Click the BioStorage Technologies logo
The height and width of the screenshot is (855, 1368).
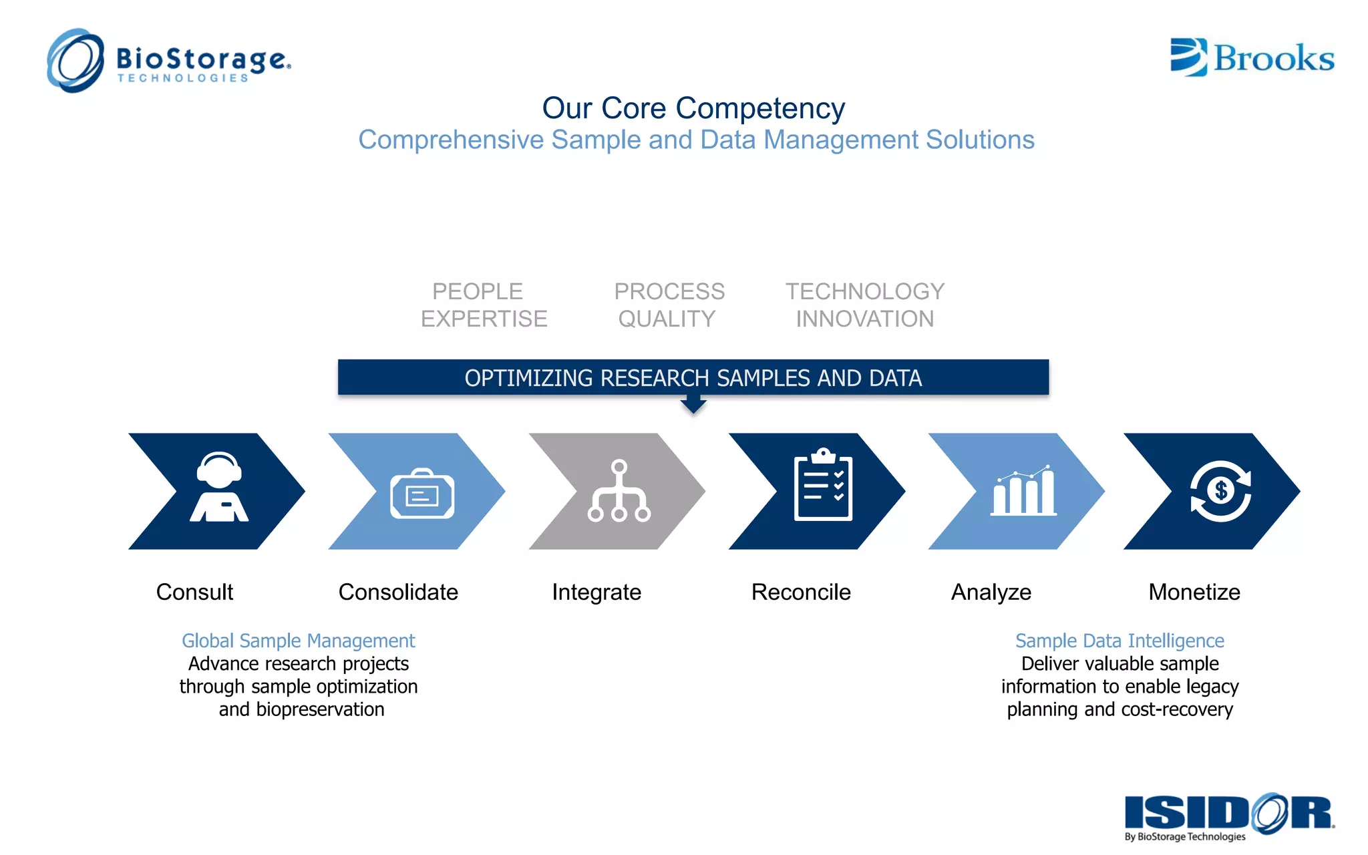coord(168,61)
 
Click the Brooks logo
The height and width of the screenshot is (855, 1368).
coord(1252,57)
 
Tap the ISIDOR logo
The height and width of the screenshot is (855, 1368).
coord(1229,815)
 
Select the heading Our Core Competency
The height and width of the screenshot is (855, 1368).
coord(693,108)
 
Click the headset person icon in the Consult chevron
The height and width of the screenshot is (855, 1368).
coord(219,487)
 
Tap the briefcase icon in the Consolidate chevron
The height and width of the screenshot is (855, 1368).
coord(422,494)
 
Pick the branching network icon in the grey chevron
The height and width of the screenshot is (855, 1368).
coord(619,491)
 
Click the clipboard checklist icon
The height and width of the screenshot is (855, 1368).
coord(823,485)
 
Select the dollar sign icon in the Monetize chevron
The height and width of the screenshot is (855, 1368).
coord(1220,491)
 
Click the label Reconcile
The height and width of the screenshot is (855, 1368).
coord(801,592)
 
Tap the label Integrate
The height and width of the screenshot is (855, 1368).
coord(596,592)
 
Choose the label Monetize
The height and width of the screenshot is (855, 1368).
coord(1194,592)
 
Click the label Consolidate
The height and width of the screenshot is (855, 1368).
coord(398,592)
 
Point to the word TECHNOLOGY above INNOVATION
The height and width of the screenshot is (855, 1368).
coord(864,291)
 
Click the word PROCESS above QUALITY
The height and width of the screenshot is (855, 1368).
coord(669,291)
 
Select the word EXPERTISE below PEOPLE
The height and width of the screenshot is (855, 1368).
coord(484,319)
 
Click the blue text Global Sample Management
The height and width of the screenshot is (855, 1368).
coord(299,641)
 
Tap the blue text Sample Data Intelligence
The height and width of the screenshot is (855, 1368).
coord(1120,641)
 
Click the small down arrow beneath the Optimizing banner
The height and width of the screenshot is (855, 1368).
coord(693,405)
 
